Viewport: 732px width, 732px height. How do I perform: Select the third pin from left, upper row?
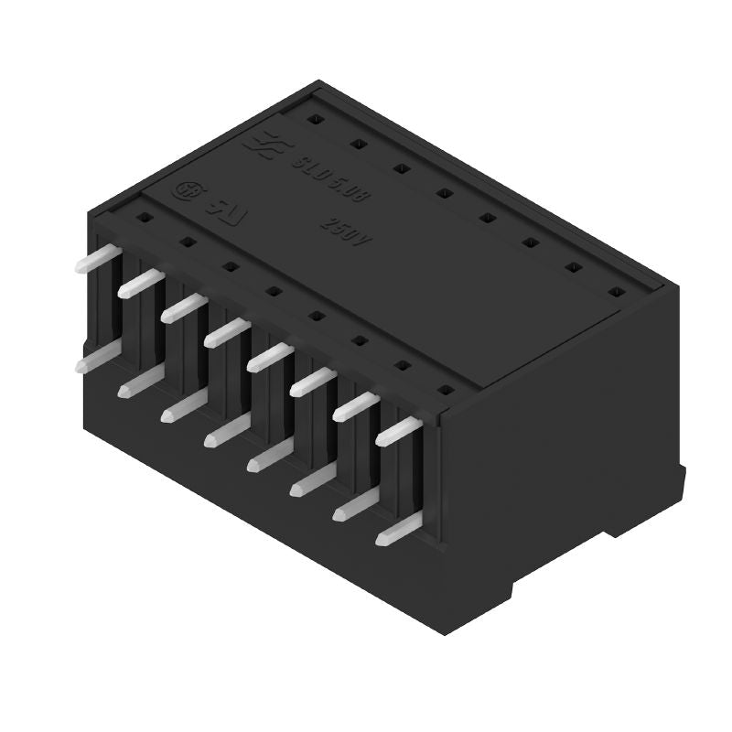[183, 307]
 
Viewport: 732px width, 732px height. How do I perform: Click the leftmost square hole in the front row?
[144, 218]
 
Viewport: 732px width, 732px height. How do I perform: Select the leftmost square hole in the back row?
[313, 119]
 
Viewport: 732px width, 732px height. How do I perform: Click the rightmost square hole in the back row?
[615, 292]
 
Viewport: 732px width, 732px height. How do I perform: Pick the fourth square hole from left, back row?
[443, 192]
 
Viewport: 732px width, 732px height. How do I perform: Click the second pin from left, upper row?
[139, 283]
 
